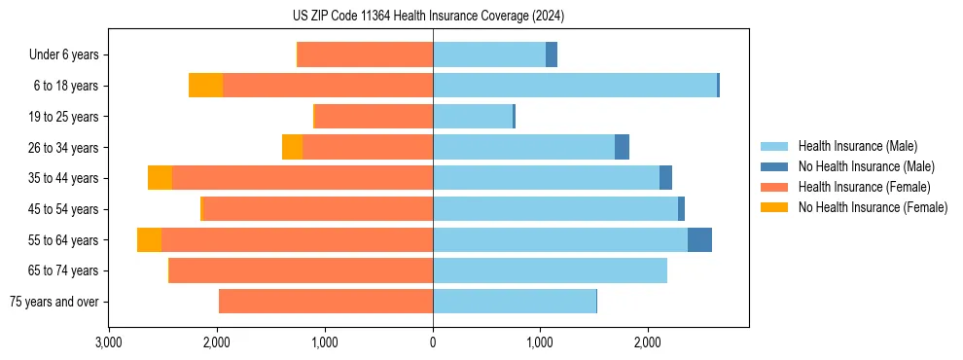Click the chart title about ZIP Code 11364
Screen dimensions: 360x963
pyautogui.click(x=428, y=16)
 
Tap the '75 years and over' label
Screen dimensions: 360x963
pyautogui.click(x=57, y=302)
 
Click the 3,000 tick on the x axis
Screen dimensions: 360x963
pyautogui.click(x=109, y=342)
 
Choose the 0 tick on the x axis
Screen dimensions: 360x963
pyautogui.click(x=433, y=342)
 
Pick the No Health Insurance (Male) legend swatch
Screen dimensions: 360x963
pyautogui.click(x=774, y=166)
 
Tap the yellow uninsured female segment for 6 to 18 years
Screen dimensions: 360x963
pyautogui.click(x=205, y=86)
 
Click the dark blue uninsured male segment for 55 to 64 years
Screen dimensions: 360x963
pyautogui.click(x=699, y=239)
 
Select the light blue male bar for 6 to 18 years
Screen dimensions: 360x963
pyautogui.click(x=575, y=86)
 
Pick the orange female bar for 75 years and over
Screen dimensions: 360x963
pyautogui.click(x=326, y=302)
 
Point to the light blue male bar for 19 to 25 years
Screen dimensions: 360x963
pyautogui.click(x=473, y=117)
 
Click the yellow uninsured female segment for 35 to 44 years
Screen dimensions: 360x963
pyautogui.click(x=160, y=178)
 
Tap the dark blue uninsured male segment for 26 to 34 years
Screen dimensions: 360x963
pyautogui.click(x=622, y=147)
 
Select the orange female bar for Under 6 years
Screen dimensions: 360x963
pyautogui.click(x=365, y=54)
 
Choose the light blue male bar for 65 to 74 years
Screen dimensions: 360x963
pyautogui.click(x=550, y=270)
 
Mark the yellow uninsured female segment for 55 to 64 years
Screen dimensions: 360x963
pyautogui.click(x=149, y=239)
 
